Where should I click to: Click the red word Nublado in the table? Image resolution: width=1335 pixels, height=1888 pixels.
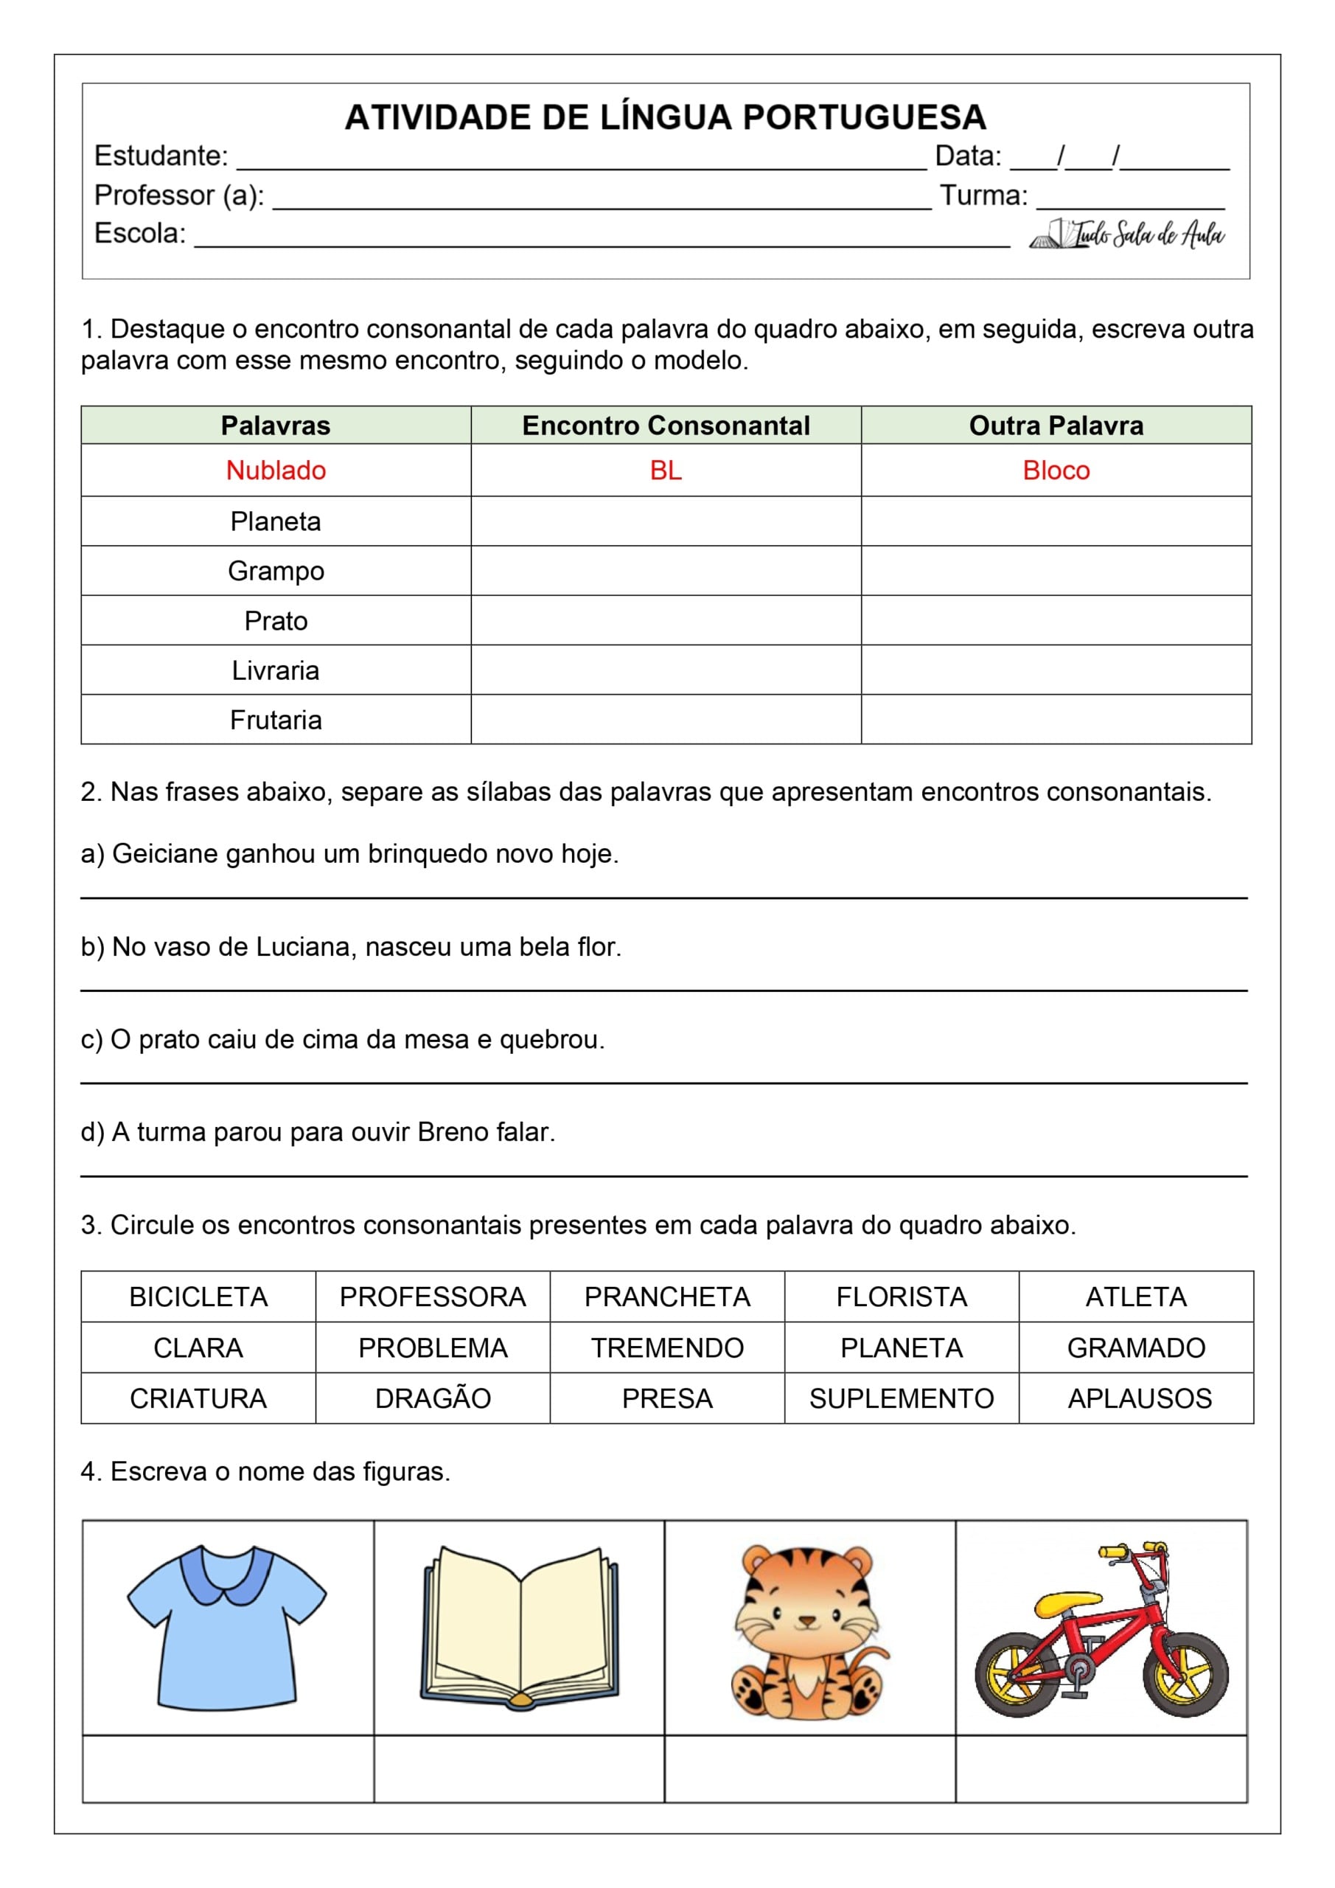pos(276,471)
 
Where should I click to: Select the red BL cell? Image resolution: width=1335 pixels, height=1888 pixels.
pos(665,471)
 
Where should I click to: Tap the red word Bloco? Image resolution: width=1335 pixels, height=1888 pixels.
pos(1056,471)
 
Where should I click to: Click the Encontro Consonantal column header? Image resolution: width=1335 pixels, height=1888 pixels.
pos(665,425)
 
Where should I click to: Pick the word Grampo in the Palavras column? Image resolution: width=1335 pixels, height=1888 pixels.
pos(276,571)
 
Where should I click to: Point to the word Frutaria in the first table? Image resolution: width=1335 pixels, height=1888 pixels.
pos(276,720)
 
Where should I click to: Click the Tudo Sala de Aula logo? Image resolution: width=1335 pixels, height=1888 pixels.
pos(1128,235)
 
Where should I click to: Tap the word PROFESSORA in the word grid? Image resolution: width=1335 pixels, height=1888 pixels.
pos(433,1297)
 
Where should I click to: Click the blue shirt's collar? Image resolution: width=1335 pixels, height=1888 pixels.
pos(226,1572)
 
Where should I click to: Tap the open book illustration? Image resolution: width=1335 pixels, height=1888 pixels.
pos(520,1628)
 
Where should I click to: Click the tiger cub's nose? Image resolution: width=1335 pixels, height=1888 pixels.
pos(807,1622)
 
